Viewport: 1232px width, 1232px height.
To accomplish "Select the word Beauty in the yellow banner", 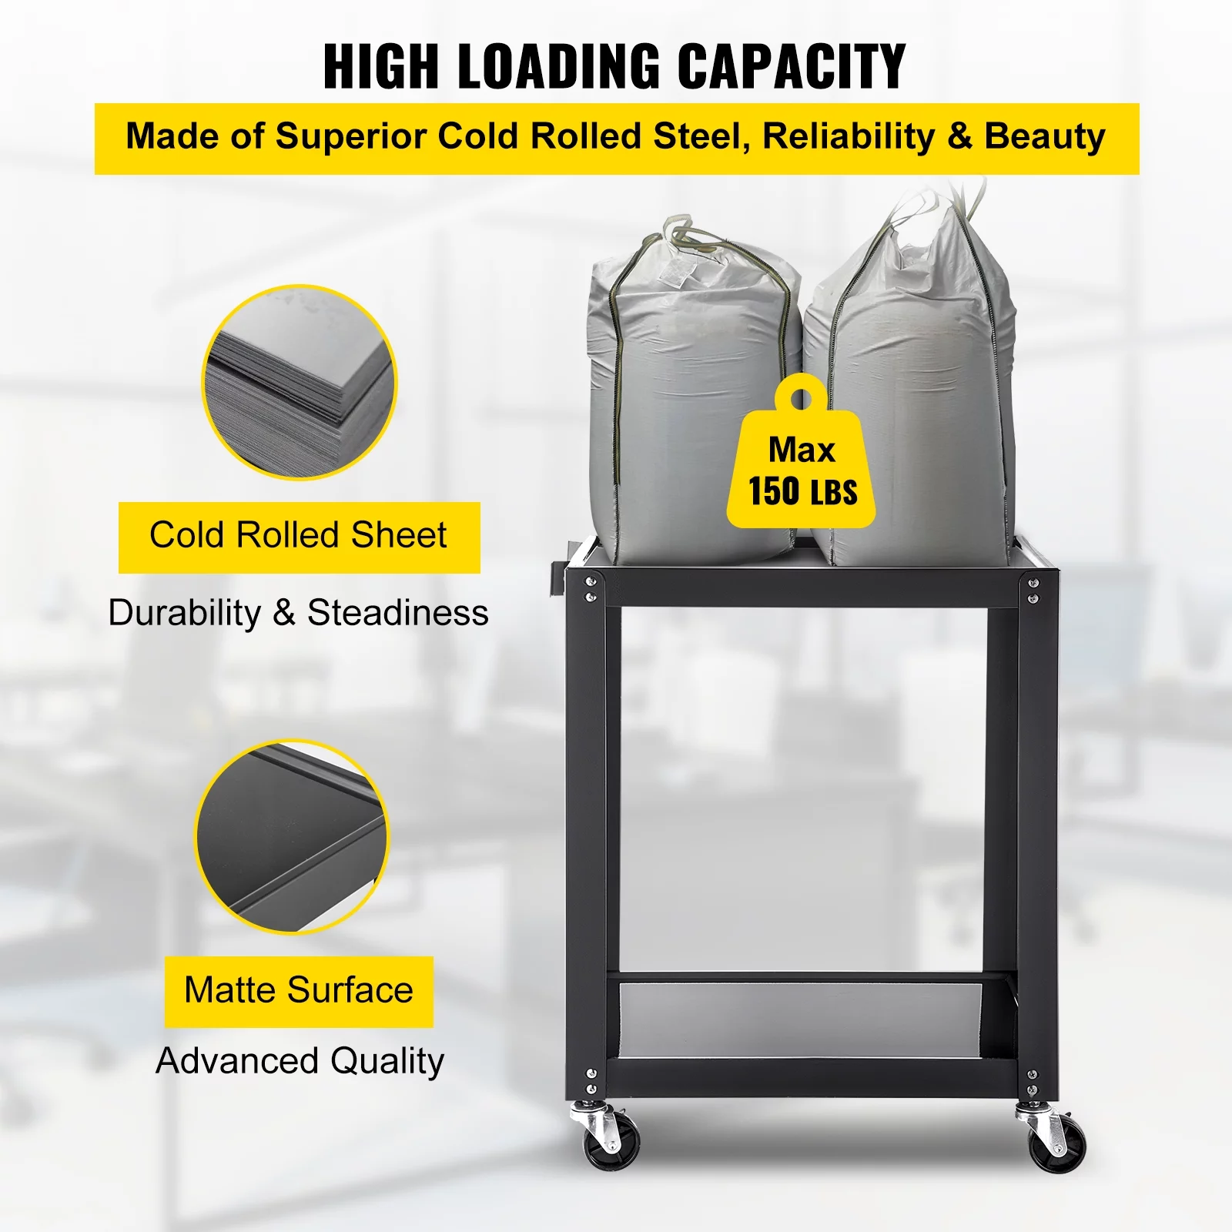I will point(1045,136).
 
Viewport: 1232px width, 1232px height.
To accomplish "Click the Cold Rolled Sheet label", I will point(299,536).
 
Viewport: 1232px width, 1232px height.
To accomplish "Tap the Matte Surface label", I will point(299,990).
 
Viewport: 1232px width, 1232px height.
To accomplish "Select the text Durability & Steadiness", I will point(299,613).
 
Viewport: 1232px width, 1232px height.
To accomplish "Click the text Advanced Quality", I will point(300,1061).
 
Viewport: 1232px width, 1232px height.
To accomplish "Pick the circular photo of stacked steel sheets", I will point(300,382).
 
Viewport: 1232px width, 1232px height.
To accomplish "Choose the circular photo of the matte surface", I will point(293,837).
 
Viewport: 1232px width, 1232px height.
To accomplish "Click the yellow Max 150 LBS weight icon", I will point(801,462).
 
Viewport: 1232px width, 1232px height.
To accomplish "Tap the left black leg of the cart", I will point(585,832).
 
